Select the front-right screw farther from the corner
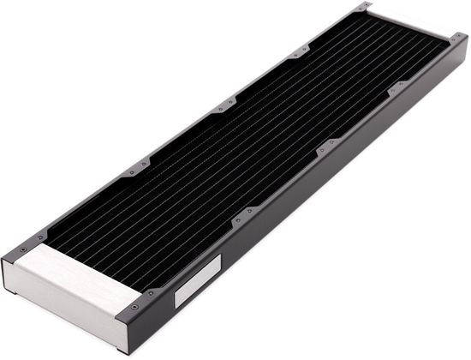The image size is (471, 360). point(152,294)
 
